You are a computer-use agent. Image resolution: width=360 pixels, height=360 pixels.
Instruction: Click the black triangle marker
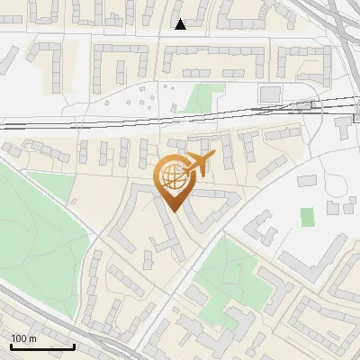coord(181,24)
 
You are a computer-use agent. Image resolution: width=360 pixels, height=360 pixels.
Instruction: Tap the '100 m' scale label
coord(24,338)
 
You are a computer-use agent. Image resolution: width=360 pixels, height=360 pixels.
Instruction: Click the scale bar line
coord(42,346)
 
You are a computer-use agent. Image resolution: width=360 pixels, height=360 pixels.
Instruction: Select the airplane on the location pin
coord(197,165)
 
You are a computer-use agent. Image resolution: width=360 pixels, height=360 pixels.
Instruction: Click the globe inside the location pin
coord(172,178)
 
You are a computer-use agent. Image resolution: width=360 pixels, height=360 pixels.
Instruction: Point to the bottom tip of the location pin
coord(172,211)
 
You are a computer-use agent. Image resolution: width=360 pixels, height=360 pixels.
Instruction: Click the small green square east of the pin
coord(308,217)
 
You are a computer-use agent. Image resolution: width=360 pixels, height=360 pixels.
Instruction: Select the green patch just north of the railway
coord(205,97)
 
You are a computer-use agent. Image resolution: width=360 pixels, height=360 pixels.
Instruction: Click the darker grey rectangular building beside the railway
coord(270,94)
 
